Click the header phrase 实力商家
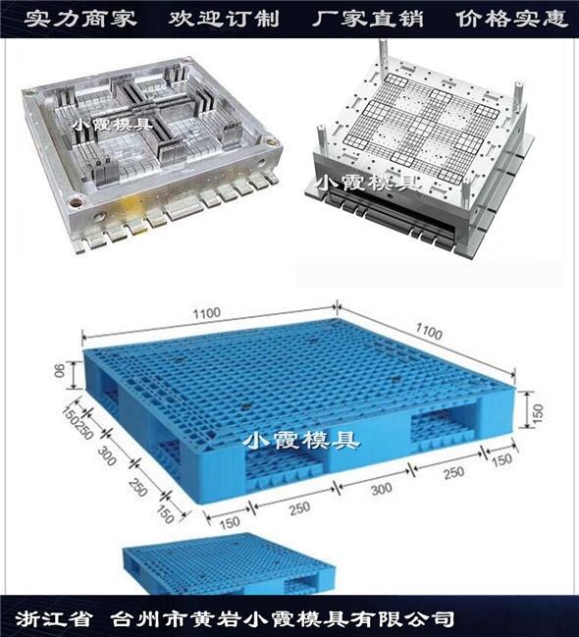80,19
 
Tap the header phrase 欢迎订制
224,19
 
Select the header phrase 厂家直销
368,19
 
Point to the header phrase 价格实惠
511,19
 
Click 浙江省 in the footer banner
53,618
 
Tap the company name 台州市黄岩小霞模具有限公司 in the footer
283,618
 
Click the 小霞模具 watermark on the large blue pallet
301,440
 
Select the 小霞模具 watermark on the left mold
113,124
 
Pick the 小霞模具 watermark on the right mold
368,183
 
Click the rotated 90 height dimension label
60,370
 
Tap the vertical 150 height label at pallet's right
537,413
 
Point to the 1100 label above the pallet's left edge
206,313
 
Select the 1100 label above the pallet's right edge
428,332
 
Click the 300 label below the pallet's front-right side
381,489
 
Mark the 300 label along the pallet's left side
107,455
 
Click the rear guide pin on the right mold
382,56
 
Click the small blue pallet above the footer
230,563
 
